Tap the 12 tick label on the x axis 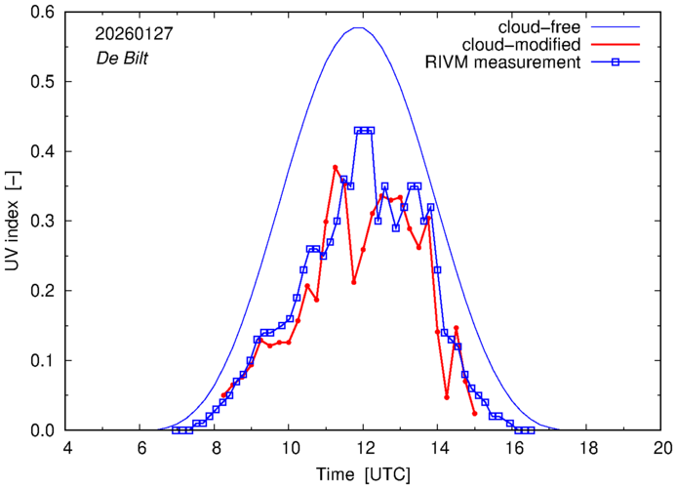point(364,448)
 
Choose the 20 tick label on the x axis point(662,448)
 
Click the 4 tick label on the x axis point(66,448)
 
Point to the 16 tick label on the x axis point(513,448)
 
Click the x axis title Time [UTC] point(364,474)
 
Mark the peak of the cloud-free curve point(359,27)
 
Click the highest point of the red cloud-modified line point(336,167)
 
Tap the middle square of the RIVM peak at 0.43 point(364,130)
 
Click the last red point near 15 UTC point(475,414)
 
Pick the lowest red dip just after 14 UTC point(447,397)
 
